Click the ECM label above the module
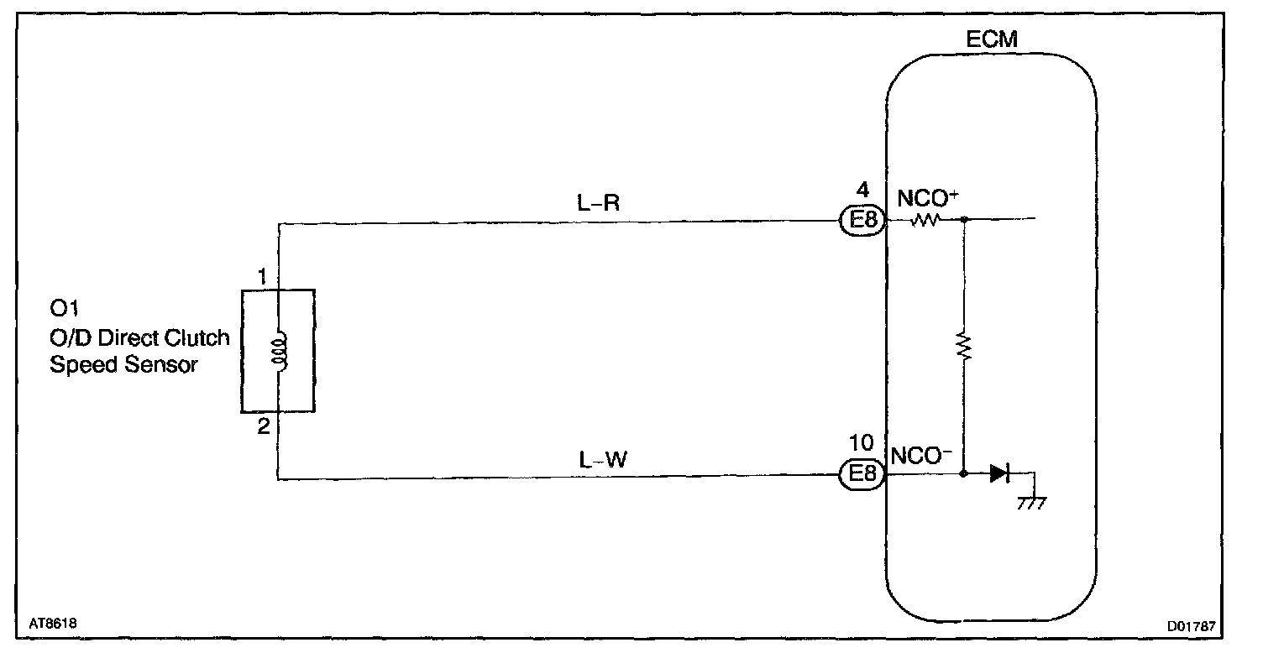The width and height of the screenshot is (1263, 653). coord(993,39)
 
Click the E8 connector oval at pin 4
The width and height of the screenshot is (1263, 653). coord(862,222)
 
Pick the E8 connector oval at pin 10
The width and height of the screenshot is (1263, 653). coord(862,475)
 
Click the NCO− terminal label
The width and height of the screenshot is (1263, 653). coord(920,456)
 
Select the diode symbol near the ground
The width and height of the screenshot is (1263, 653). coord(998,474)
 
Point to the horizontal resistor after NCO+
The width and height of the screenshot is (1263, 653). coord(925,222)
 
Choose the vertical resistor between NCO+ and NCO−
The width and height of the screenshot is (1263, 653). coord(964,346)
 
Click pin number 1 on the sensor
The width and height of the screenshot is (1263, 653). coord(264,276)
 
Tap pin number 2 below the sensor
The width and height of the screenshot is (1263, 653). coord(264,426)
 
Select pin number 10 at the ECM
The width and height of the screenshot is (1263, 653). coord(862,443)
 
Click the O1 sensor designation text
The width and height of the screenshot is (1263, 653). coord(64,311)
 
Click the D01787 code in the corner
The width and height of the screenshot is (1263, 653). coord(1192,626)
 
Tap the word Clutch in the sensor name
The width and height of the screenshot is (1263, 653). coord(197,338)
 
